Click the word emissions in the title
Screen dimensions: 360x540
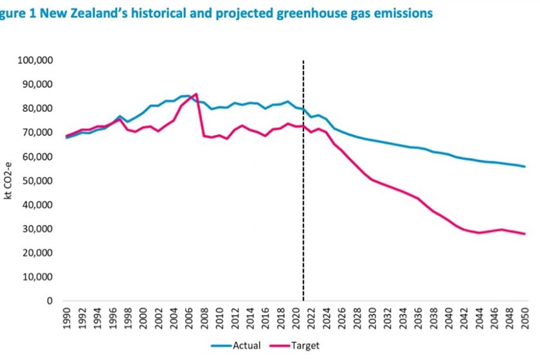tap(401, 14)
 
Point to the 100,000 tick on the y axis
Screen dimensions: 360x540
tap(35, 60)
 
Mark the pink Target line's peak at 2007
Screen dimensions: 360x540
tap(196, 94)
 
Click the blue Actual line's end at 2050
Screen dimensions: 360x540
tap(525, 166)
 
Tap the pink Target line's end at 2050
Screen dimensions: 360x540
tap(525, 233)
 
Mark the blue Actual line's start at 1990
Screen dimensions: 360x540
tap(67, 138)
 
